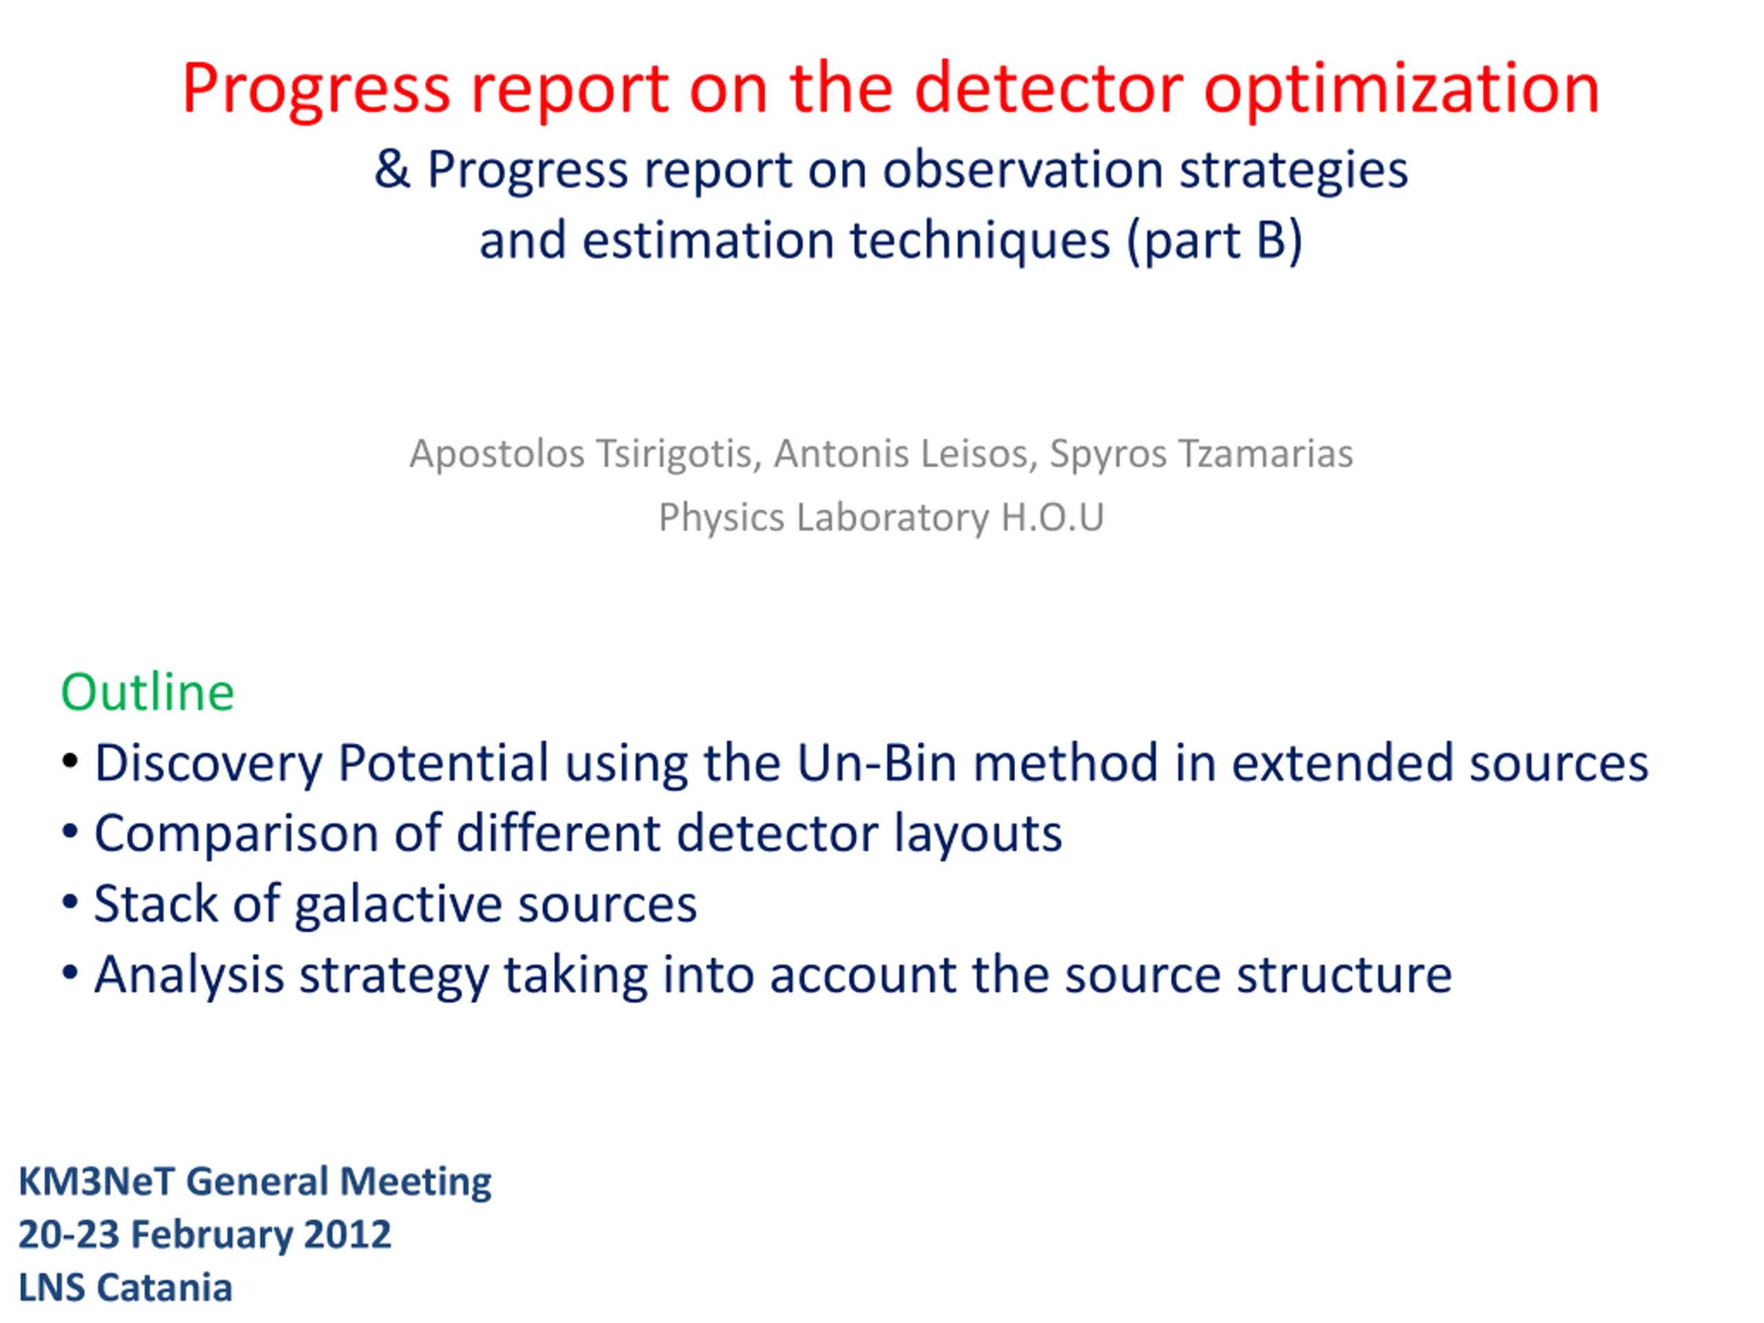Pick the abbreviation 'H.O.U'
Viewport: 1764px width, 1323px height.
tap(1053, 517)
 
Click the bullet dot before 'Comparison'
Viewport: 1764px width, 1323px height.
tap(70, 831)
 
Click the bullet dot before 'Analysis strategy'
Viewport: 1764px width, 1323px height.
tap(70, 972)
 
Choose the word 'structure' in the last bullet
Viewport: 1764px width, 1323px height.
tap(1344, 975)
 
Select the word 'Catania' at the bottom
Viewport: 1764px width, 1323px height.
tap(165, 1288)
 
